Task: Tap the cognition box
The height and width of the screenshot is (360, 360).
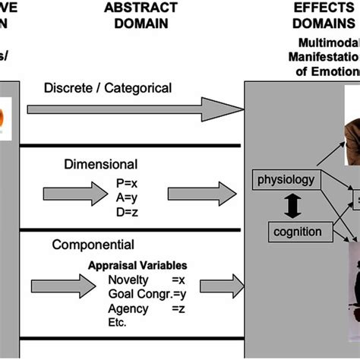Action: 296,231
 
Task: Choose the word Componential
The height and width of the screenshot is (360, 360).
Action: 93,245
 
